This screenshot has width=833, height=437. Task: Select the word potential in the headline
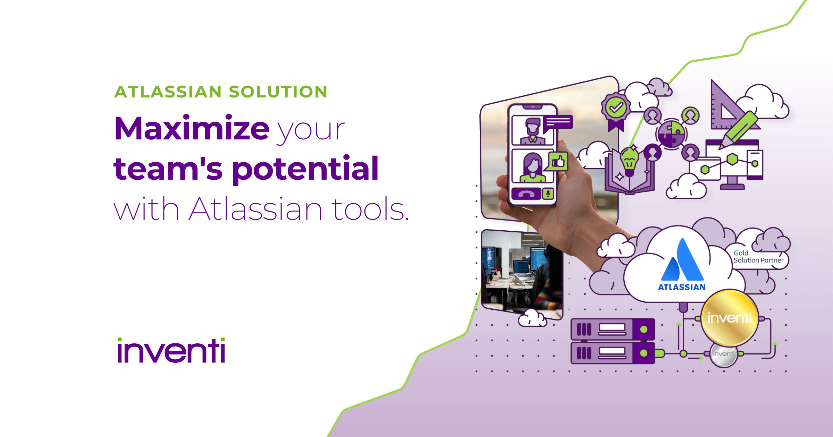click(305, 169)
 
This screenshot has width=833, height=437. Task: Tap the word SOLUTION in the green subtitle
click(278, 92)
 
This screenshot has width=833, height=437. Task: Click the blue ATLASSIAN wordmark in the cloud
click(682, 287)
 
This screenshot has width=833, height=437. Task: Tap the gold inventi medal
click(729, 317)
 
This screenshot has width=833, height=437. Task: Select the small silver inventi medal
click(724, 354)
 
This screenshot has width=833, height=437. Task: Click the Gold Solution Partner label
click(758, 257)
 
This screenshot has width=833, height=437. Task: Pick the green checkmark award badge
click(616, 108)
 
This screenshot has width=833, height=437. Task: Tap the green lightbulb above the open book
click(629, 160)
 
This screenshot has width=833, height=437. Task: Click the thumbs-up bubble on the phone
click(558, 161)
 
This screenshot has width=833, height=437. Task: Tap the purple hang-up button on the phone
click(526, 194)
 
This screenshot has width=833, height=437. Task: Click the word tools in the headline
click(370, 209)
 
